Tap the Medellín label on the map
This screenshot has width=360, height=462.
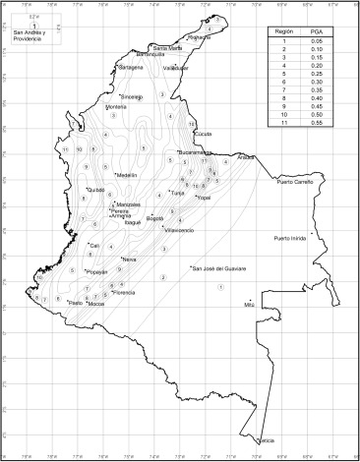(130, 175)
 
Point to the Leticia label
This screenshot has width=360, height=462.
(266, 441)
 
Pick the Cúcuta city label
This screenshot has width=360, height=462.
(204, 133)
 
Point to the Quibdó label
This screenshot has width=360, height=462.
(95, 190)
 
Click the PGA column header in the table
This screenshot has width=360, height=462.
(317, 33)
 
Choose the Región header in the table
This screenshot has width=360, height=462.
(282, 33)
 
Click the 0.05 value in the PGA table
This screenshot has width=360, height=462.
(317, 42)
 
